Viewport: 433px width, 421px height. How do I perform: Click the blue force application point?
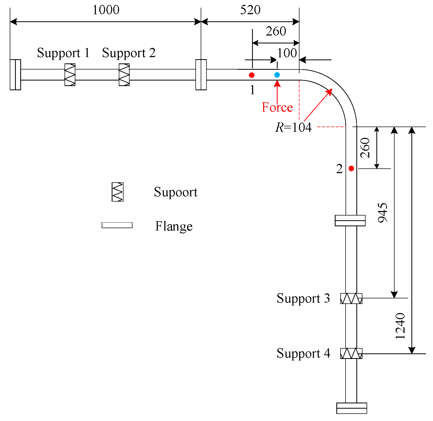(277, 75)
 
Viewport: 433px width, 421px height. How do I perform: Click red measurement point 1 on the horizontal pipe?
(252, 75)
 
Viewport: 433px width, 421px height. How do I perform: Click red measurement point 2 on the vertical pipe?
(351, 168)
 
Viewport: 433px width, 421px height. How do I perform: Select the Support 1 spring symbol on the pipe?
(70, 75)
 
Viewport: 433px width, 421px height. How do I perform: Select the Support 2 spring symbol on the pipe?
(124, 75)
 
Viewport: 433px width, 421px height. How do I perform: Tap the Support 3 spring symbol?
(351, 298)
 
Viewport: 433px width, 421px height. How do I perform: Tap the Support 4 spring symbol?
(351, 353)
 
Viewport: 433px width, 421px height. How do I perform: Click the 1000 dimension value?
(106, 10)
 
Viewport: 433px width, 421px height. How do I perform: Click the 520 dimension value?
(250, 10)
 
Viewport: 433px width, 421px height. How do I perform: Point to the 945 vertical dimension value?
(383, 213)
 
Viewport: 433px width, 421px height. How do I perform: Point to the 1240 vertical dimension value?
(400, 326)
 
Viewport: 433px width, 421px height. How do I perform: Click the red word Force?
(277, 107)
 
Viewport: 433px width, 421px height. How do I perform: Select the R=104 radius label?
(293, 127)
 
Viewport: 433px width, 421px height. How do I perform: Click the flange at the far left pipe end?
(15, 75)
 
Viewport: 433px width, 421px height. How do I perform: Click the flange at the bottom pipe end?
(352, 408)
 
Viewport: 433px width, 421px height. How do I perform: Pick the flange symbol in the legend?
(117, 225)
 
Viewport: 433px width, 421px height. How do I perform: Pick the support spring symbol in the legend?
(117, 192)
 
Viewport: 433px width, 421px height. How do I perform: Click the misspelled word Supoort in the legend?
(176, 192)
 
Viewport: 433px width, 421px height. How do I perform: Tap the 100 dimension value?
(287, 53)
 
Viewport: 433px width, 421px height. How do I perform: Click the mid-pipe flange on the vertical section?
(350, 220)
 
